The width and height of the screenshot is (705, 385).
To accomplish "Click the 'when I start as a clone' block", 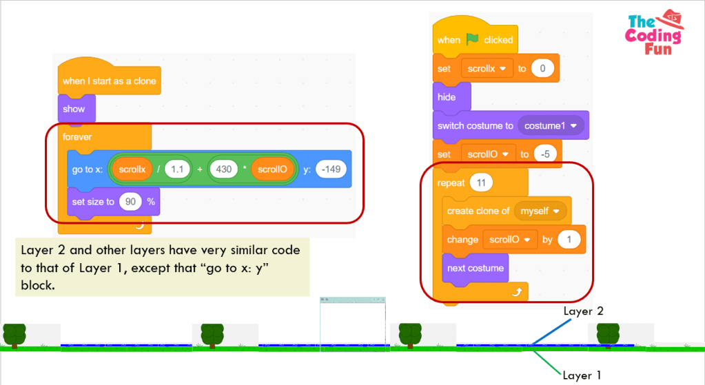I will [109, 81].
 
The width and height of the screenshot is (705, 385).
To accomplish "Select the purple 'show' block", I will [74, 109].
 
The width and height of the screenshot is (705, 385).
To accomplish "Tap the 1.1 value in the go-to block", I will [177, 169].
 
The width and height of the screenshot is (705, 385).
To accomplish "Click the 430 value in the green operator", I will [223, 169].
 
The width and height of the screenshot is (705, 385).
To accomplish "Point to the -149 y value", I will [330, 169].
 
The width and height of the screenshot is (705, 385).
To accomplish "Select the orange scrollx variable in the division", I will [132, 169].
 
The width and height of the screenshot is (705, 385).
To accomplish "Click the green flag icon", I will [472, 39].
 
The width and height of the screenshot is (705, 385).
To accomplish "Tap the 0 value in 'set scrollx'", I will [542, 68].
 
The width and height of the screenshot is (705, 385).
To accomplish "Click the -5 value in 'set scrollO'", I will [544, 154].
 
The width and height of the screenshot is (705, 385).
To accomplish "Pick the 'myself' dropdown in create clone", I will [541, 211].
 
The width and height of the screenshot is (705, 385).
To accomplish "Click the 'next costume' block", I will [476, 268].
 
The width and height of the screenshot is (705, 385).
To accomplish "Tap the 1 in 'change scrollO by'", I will [569, 240].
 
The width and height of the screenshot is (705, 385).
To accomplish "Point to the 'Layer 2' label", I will [583, 311].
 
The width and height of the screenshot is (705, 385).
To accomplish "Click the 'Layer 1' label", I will [582, 375].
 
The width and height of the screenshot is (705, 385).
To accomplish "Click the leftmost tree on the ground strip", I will [14, 335].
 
